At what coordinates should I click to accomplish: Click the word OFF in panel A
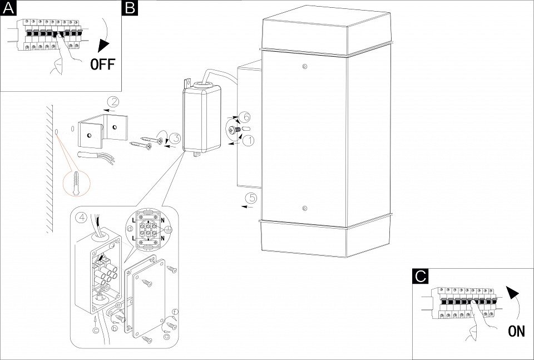click(x=102, y=63)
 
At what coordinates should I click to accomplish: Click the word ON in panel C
click(x=516, y=332)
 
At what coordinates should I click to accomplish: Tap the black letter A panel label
click(x=7, y=7)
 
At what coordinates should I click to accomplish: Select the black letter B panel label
click(x=130, y=7)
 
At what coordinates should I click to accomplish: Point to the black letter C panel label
click(x=421, y=275)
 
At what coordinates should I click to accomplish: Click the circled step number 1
click(x=248, y=141)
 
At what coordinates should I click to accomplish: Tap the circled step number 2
click(x=113, y=102)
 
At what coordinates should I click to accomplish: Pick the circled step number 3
click(x=174, y=139)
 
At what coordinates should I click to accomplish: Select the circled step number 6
click(x=246, y=117)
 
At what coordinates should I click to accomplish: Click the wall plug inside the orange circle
click(x=77, y=181)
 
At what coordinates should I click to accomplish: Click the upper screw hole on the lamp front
click(x=304, y=67)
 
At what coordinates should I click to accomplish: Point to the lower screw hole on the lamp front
click(x=304, y=209)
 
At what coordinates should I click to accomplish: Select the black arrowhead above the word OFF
click(x=102, y=47)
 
